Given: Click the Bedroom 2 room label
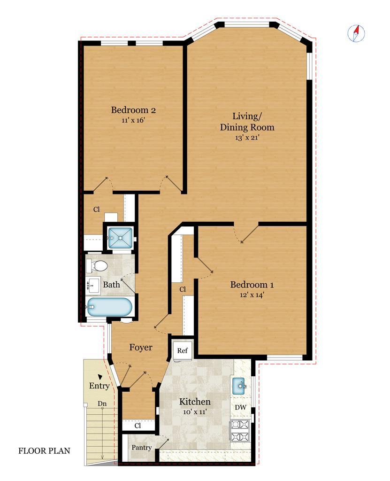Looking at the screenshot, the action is [x=133, y=110].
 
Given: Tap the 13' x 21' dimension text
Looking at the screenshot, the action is [x=247, y=138].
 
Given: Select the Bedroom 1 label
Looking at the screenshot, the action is [x=252, y=285].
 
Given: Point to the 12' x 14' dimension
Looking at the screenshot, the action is [x=252, y=295].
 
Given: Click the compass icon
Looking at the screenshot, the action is [x=356, y=33].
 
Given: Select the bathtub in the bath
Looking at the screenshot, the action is [x=109, y=307].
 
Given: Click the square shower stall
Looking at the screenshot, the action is [x=120, y=238].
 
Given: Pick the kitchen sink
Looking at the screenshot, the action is [x=239, y=386].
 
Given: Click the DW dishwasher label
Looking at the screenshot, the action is [x=241, y=407].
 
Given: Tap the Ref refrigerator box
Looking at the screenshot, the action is [x=183, y=350].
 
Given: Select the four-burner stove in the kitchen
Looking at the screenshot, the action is [x=240, y=431].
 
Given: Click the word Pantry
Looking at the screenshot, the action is [x=142, y=448].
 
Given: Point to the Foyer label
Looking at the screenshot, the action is [x=141, y=347].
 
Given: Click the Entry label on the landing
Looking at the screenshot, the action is [x=99, y=386].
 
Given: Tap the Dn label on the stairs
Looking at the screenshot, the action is [x=102, y=403].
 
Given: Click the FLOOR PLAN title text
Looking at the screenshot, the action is [x=45, y=450].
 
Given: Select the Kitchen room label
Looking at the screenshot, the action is [x=195, y=402].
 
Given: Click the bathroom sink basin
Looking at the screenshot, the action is [x=93, y=286].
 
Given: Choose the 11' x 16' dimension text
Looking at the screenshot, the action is [x=133, y=120].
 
